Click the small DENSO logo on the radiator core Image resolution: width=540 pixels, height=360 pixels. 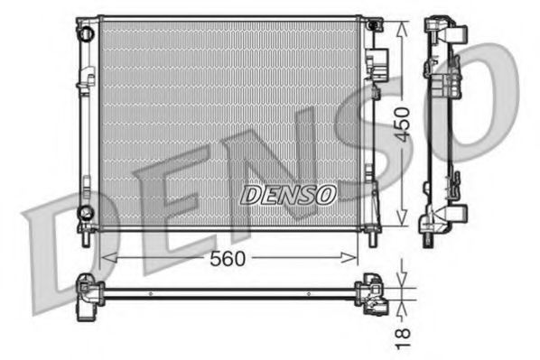click(288, 194)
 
